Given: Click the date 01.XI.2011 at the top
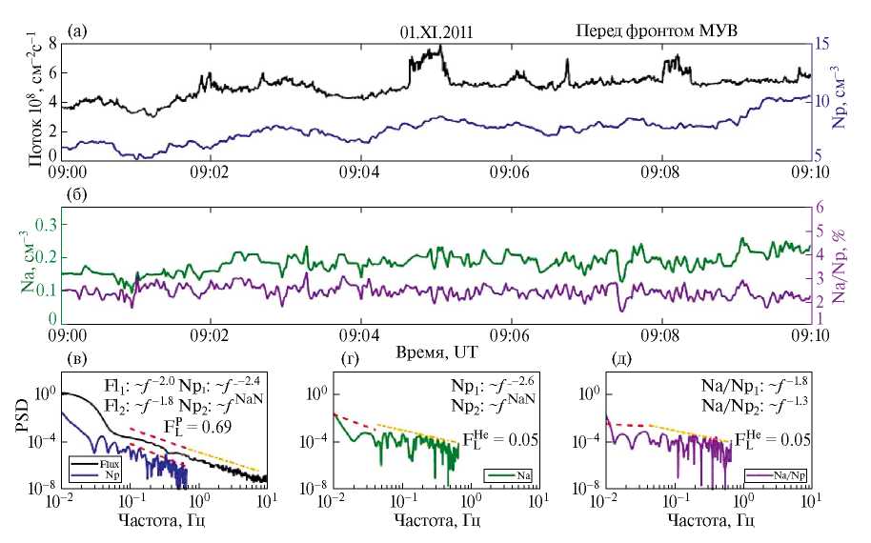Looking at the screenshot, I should (x=437, y=31).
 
